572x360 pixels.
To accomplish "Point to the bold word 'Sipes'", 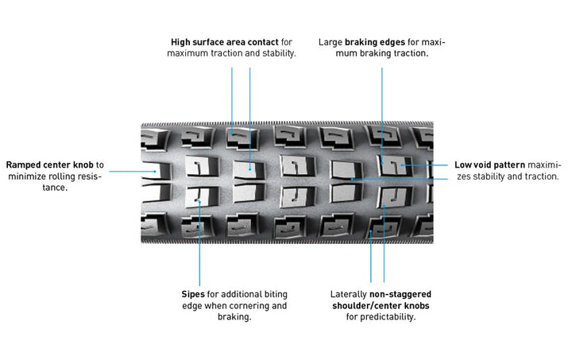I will click(x=194, y=294).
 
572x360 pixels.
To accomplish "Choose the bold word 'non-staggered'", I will click(x=400, y=294).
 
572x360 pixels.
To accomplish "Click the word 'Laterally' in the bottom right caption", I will click(x=348, y=294).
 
